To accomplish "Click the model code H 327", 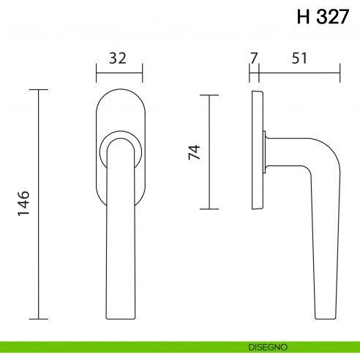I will click(323, 17).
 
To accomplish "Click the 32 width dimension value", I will click(119, 59).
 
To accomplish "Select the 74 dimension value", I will click(194, 152).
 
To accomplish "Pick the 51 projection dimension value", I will click(299, 59).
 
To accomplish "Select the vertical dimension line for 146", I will click(39, 204).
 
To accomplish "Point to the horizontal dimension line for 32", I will click(119, 73).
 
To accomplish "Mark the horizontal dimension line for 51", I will click(299, 73).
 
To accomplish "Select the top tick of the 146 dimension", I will click(39, 90).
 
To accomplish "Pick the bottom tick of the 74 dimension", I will click(209, 209).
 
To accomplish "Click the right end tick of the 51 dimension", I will click(340, 73).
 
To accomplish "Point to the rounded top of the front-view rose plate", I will click(119, 93).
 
